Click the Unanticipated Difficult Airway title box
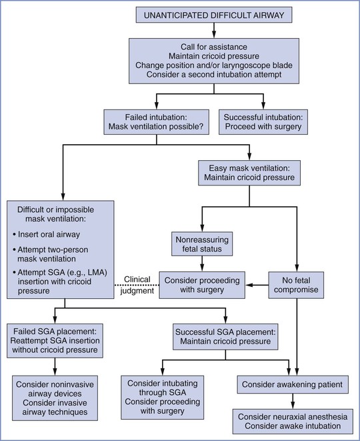[214, 15]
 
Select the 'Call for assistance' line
[214, 47]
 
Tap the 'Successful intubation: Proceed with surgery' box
[263, 122]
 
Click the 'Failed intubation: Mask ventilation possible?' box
[156, 122]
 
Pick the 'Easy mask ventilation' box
[249, 173]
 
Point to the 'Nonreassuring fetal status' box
[202, 244]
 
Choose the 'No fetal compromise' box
[296, 285]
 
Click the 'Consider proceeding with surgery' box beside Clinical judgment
[202, 285]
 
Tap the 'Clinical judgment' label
[137, 285]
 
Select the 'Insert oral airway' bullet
[47, 234]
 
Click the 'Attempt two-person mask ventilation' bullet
[50, 254]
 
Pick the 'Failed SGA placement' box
[55, 341]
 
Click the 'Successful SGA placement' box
[225, 337]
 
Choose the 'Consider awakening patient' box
[293, 384]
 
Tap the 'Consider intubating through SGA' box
[163, 397]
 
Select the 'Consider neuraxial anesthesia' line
[293, 417]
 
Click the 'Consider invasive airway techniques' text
[55, 407]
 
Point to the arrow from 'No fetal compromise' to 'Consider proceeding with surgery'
[257, 285]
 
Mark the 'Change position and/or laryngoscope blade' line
[214, 65]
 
